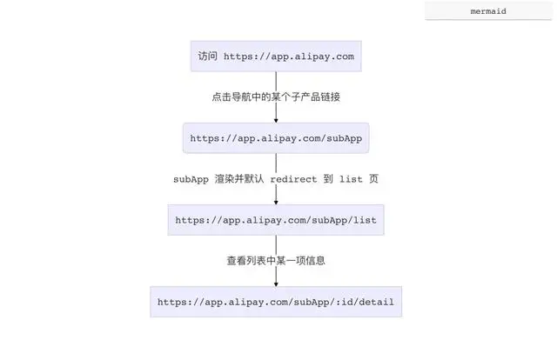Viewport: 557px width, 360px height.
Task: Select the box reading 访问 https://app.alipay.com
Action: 276,57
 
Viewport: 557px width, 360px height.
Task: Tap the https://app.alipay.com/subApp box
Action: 276,137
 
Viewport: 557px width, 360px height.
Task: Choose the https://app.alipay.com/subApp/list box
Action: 276,220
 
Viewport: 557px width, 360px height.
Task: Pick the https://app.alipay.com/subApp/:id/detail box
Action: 276,302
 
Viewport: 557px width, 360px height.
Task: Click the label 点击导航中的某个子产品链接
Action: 276,97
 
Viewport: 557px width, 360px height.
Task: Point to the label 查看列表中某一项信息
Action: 276,260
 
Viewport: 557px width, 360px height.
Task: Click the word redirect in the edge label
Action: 299,179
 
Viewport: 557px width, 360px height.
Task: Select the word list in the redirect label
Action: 352,179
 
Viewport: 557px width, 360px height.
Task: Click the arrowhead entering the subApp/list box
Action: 276,201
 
